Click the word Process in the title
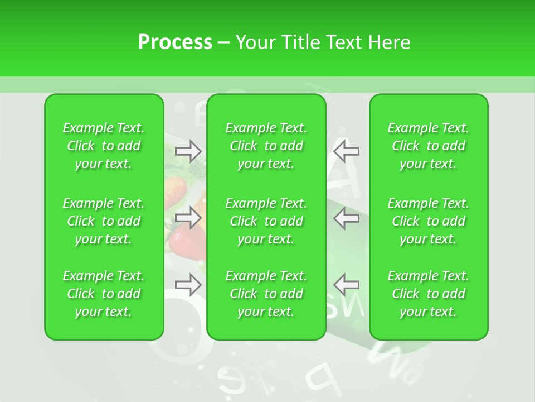pyautogui.click(x=175, y=42)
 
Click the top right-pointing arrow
pyautogui.click(x=188, y=150)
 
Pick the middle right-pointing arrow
pyautogui.click(x=188, y=218)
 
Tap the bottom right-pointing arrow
pyautogui.click(x=188, y=285)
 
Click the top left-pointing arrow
pyautogui.click(x=346, y=150)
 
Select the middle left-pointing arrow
pyautogui.click(x=346, y=218)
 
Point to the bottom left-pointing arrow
pyautogui.click(x=346, y=285)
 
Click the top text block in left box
pyautogui.click(x=104, y=146)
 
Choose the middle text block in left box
pyautogui.click(x=104, y=221)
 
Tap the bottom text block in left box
pyautogui.click(x=104, y=294)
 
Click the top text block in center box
pyautogui.click(x=266, y=146)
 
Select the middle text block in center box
pyautogui.click(x=266, y=221)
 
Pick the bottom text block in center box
pyautogui.click(x=266, y=294)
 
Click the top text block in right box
pyautogui.click(x=429, y=146)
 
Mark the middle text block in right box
pyautogui.click(x=429, y=221)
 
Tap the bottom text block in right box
pyautogui.click(x=429, y=294)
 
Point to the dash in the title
pyautogui.click(x=224, y=43)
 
